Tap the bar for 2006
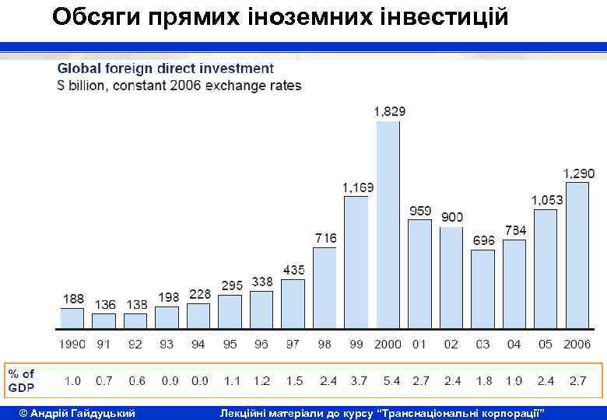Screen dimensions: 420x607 pos(577,254)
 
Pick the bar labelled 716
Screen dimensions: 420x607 pos(325,287)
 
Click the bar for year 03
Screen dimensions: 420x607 pos(482,289)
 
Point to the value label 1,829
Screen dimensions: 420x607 pos(389,111)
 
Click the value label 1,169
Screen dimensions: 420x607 pos(358,187)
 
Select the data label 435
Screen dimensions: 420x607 pos(293,270)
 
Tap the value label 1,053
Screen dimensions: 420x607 pos(547,200)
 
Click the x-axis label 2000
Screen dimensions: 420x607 pos(388,344)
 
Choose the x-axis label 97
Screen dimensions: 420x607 pos(293,344)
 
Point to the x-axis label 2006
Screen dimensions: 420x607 pos(577,344)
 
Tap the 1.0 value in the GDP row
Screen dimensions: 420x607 pos(72,381)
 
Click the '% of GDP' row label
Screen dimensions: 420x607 pos(22,381)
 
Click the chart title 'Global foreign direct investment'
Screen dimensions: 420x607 pos(166,69)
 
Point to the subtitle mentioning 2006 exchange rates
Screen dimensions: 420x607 pos(180,85)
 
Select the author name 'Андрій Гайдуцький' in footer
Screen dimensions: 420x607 pos(77,411)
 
